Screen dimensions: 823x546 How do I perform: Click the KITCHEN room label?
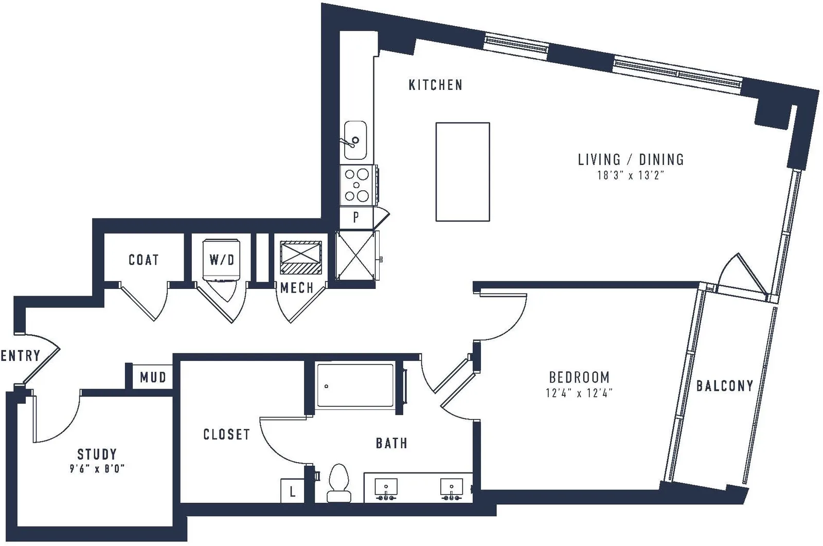point(435,85)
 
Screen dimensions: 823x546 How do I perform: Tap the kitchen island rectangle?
point(462,172)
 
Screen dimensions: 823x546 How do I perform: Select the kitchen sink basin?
point(355,140)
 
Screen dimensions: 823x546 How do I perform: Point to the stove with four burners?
point(357,185)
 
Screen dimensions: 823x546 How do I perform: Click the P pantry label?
point(355,217)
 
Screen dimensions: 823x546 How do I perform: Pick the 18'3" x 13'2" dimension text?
point(631,175)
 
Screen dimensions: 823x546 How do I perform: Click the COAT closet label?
point(144,260)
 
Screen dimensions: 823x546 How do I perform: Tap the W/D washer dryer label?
point(222,260)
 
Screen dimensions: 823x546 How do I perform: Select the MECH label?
point(297,288)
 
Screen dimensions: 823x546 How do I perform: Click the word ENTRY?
point(21,356)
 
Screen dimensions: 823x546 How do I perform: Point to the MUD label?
point(153,377)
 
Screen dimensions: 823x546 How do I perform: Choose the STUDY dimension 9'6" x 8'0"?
point(97,469)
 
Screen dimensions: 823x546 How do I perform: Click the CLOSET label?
point(227,435)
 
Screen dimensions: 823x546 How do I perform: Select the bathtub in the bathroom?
point(355,385)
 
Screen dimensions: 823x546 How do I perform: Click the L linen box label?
point(293,492)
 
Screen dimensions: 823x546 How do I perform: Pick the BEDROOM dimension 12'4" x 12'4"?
point(579,393)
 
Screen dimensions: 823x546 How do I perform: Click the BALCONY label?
point(725,386)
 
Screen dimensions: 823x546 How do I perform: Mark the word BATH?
point(391,444)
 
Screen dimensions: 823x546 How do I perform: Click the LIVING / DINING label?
point(631,160)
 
